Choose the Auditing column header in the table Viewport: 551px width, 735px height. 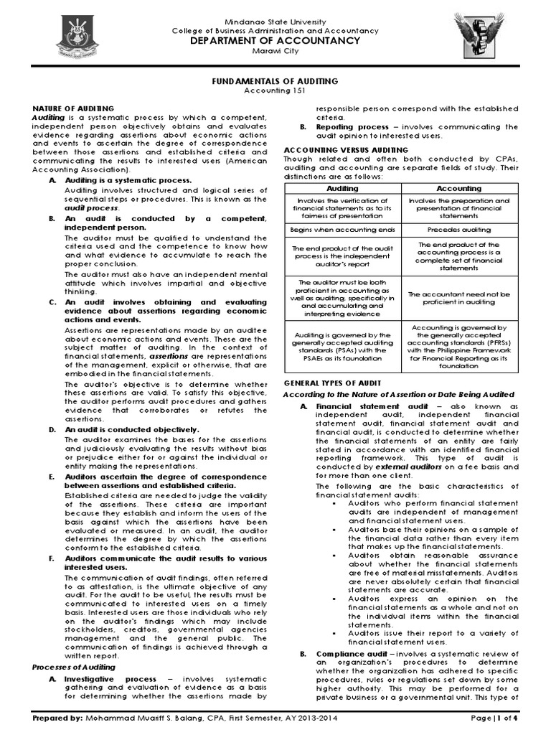(x=342, y=188)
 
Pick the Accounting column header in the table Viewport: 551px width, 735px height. (x=459, y=188)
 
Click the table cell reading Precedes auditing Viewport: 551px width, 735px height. (x=459, y=230)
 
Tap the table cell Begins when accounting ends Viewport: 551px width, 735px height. (x=342, y=230)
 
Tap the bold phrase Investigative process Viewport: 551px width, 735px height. (x=110, y=678)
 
